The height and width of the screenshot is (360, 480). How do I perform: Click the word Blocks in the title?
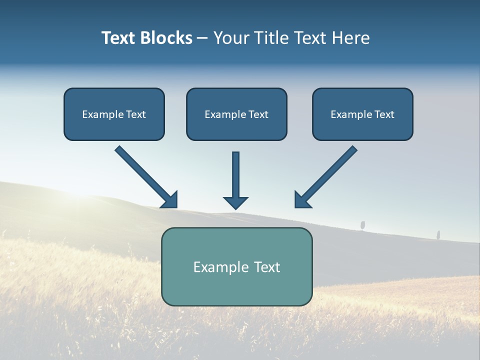(166, 38)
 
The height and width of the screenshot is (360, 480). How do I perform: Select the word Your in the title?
(233, 38)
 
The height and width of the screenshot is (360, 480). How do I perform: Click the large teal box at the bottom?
(236, 290)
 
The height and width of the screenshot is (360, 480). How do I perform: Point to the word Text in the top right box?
(384, 114)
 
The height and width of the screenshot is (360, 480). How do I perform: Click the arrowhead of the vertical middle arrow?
(235, 202)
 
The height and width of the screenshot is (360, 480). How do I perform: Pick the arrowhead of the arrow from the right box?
(301, 200)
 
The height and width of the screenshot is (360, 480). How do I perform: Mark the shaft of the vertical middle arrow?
(235, 172)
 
